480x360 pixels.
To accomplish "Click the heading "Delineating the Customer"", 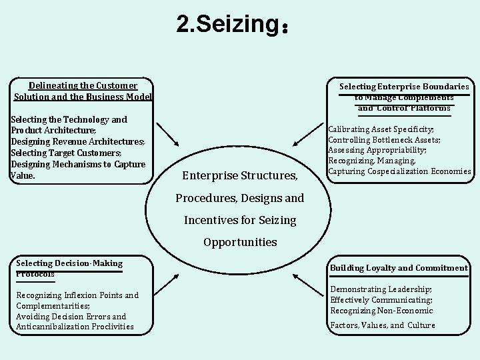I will [83, 85].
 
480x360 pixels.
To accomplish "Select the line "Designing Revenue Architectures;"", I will [78, 142].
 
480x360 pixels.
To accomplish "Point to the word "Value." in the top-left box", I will [23, 176].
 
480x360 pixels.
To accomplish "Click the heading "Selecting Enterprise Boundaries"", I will [404, 87].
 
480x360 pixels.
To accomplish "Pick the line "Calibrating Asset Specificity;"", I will [381, 129].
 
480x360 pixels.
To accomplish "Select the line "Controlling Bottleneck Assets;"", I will [384, 139].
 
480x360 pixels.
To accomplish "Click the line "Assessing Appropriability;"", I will [377, 150].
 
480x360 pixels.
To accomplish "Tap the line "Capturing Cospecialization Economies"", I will [399, 171].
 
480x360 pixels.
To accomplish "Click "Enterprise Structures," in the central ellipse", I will [239, 176].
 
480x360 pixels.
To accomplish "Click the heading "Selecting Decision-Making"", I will [69, 263].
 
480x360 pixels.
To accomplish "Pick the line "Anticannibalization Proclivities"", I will [75, 327].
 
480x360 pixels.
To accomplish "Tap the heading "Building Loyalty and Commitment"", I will [399, 268].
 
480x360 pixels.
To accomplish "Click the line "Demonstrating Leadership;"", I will [381, 289].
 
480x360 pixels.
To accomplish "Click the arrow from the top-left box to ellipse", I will [167, 135].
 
